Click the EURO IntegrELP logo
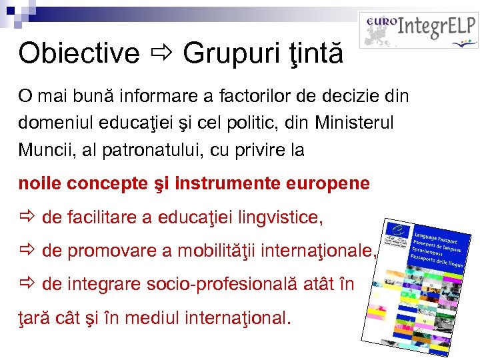[418, 29]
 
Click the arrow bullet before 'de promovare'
[27, 251]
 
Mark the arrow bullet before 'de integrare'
[27, 284]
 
